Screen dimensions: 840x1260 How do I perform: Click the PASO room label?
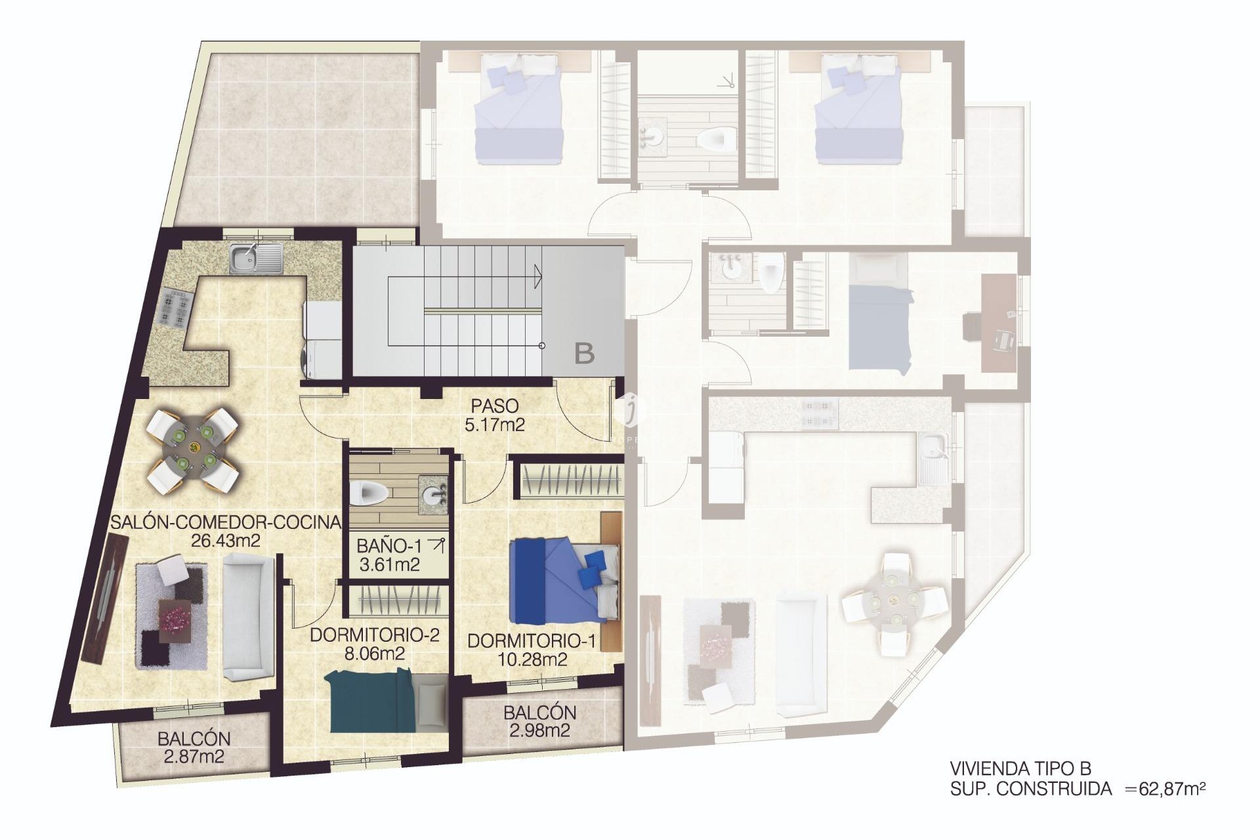coord(494,406)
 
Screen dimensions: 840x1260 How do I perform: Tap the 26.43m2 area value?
coord(225,541)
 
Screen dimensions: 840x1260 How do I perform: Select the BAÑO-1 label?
coord(389,545)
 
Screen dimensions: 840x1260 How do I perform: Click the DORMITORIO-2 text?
coord(374,635)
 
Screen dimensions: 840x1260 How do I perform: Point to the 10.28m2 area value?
coord(532,660)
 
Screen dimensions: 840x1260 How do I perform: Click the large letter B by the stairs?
coord(584,354)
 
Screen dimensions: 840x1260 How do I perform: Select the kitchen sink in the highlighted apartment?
coord(256,258)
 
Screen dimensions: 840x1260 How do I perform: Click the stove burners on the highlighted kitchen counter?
coord(174,308)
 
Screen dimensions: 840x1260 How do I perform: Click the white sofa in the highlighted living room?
coord(247,616)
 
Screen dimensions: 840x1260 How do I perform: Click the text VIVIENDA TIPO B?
coord(1020,768)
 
